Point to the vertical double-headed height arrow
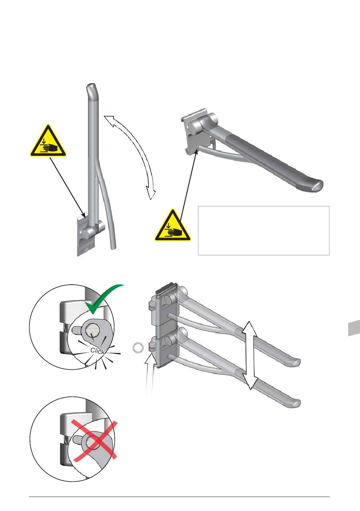click(249, 356)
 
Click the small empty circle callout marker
click(138, 348)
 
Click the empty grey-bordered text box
click(264, 230)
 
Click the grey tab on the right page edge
click(354, 328)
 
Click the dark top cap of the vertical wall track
click(166, 292)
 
